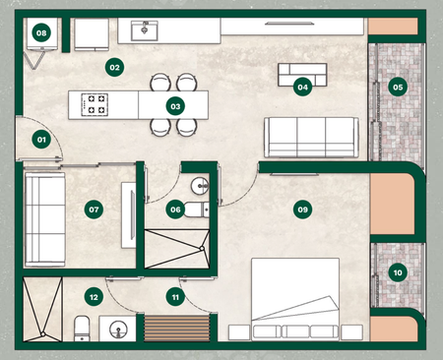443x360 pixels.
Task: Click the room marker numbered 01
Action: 41,140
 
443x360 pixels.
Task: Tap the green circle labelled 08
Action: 41,32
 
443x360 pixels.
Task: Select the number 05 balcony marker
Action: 398,87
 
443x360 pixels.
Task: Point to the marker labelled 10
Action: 398,272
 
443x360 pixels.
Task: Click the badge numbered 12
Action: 94,297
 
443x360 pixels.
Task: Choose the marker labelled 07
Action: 94,210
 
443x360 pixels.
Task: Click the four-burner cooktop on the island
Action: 95,104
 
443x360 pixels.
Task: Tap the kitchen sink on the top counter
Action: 145,30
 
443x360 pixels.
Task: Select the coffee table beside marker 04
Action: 302,75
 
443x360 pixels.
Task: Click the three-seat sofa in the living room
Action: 311,138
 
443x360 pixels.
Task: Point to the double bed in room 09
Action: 295,299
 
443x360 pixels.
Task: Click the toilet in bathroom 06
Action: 196,210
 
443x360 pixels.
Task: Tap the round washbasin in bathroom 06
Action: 200,186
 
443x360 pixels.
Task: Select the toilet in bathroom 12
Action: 82,329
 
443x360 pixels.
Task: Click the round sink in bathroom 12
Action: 118,330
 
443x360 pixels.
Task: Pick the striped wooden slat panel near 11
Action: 177,328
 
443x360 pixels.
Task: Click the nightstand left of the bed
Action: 239,332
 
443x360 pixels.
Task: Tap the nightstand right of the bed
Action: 351,332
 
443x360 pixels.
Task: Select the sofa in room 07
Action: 45,219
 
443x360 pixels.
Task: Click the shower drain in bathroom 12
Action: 42,334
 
